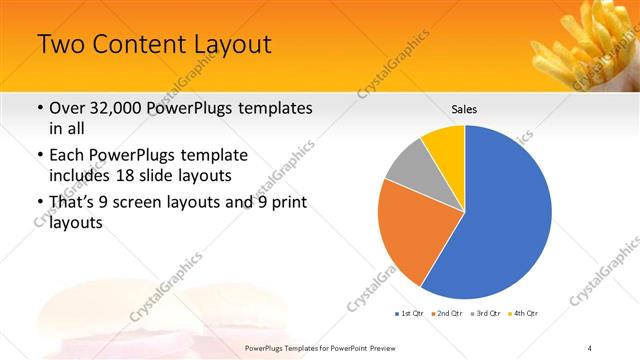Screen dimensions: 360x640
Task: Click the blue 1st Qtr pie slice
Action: coord(505,215)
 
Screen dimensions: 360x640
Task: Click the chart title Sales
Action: coord(464,108)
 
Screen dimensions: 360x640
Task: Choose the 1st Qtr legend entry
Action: coord(409,314)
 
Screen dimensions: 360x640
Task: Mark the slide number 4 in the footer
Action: coord(590,347)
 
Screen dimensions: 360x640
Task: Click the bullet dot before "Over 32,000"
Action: coord(39,108)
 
